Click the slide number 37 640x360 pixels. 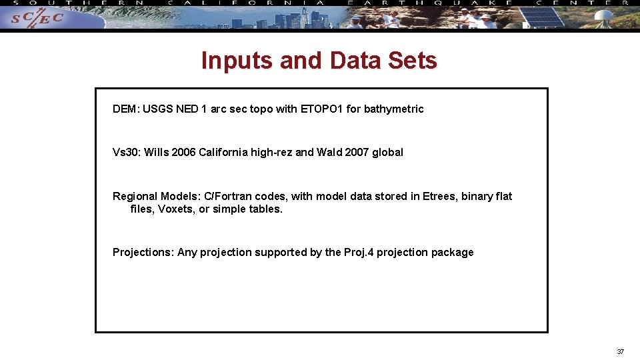click(620, 351)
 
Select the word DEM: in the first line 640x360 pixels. click(126, 109)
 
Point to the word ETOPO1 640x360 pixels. click(322, 109)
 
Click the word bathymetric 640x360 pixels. click(394, 109)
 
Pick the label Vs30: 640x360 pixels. click(127, 152)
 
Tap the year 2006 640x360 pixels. click(183, 152)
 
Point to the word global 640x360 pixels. click(387, 152)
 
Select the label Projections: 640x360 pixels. click(143, 253)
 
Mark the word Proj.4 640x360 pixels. click(359, 253)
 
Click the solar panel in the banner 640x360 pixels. click(541, 16)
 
